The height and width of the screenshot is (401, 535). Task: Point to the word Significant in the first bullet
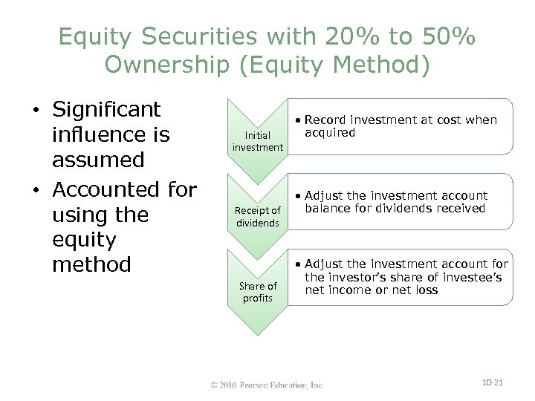[106, 110]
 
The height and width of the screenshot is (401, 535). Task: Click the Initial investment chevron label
[258, 142]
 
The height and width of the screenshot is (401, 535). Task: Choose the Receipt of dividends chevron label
[257, 217]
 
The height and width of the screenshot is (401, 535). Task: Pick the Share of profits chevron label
[257, 292]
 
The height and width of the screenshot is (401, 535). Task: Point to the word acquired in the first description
[330, 132]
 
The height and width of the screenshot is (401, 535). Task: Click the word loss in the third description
[426, 290]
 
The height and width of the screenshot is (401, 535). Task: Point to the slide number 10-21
[492, 382]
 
